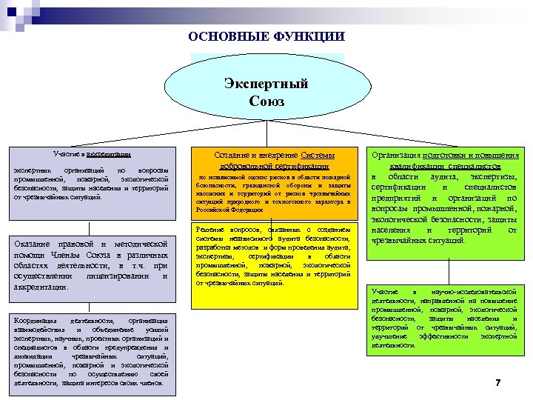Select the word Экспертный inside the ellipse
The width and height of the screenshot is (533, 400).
click(x=266, y=84)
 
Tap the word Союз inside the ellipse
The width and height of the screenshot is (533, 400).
click(x=266, y=101)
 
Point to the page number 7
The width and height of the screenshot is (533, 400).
click(x=497, y=383)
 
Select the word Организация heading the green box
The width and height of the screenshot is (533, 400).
click(x=397, y=155)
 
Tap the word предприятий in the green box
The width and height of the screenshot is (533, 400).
click(x=398, y=199)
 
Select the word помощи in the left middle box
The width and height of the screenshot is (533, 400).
click(x=30, y=255)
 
